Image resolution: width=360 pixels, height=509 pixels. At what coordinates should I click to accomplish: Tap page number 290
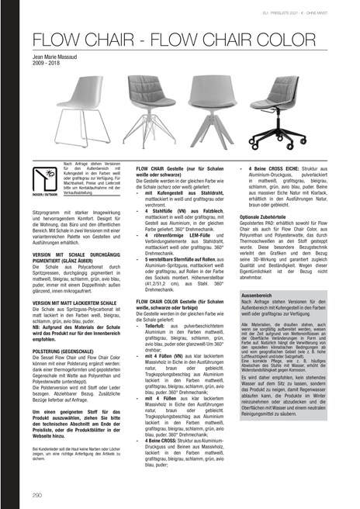point(37,493)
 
